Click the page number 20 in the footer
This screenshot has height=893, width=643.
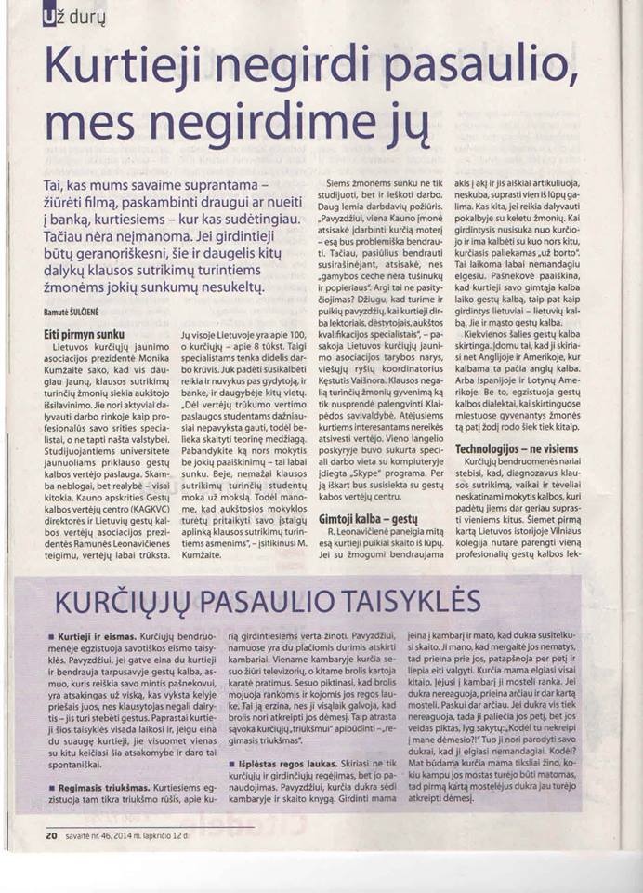tap(50, 835)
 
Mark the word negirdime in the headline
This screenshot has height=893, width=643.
tap(236, 121)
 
